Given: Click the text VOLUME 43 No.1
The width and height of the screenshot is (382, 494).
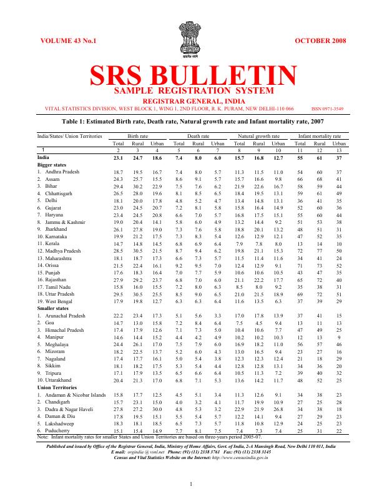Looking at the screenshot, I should (69, 41).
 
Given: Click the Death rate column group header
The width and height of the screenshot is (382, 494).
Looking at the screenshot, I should (198, 135).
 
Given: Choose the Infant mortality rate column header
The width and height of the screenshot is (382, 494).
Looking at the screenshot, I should (320, 135).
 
